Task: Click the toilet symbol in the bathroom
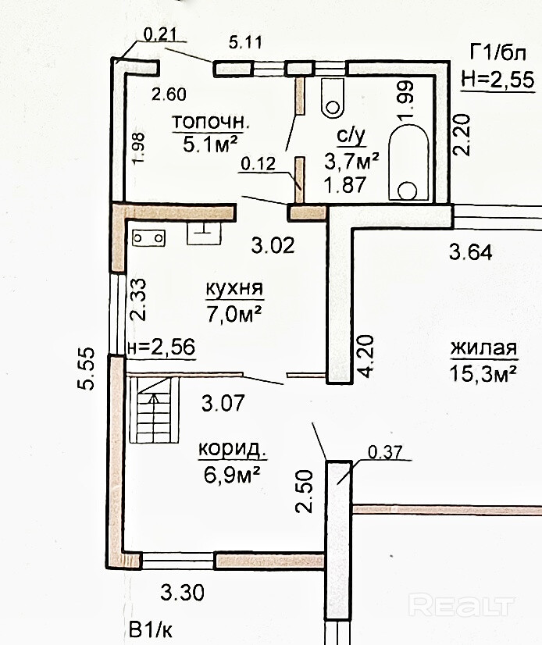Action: tap(332, 97)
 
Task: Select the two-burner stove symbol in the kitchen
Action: tap(148, 238)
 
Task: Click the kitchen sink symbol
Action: tap(204, 233)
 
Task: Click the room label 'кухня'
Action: tap(234, 288)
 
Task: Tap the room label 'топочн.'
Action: tap(210, 122)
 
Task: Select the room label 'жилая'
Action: tap(483, 349)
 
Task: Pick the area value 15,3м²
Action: tap(483, 373)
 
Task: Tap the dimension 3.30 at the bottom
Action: tap(182, 593)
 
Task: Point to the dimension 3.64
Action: tap(470, 251)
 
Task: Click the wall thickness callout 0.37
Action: tap(385, 453)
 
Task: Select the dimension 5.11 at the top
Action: tap(245, 42)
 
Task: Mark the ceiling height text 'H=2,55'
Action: tap(497, 80)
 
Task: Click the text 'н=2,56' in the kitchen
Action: tap(162, 347)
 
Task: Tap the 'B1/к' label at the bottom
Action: tap(151, 630)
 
